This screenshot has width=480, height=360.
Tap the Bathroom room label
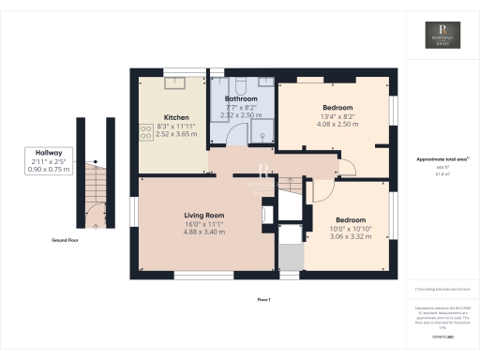(x=240, y=97)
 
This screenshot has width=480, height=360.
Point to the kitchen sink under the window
(x=176, y=83)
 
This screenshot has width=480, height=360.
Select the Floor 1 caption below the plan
(x=263, y=299)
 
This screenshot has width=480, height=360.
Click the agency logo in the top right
(x=442, y=37)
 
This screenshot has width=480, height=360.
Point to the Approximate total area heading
(x=440, y=160)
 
